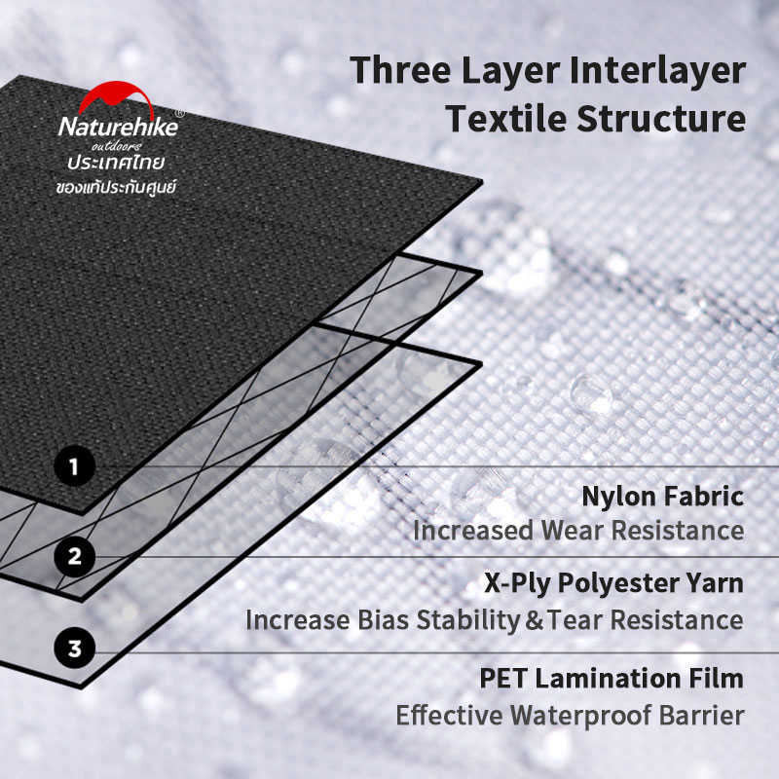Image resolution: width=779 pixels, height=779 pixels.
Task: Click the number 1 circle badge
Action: [75, 466]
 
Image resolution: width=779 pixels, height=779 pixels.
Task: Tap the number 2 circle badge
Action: [75, 556]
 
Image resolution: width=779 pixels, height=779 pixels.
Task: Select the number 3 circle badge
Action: [75, 649]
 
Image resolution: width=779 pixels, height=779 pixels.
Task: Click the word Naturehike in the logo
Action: [118, 127]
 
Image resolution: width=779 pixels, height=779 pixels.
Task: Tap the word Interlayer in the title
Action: [658, 70]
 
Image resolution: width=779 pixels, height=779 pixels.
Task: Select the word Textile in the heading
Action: [505, 118]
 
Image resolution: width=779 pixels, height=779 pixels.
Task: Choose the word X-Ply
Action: [517, 583]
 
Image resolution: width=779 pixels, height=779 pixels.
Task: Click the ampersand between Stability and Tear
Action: [534, 620]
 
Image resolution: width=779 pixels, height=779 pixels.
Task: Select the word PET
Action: [502, 679]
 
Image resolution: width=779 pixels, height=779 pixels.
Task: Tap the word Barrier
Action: [701, 716]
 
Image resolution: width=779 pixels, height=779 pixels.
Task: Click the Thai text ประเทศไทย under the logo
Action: [116, 163]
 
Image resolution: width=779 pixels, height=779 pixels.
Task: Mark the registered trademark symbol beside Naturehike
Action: [180, 114]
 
